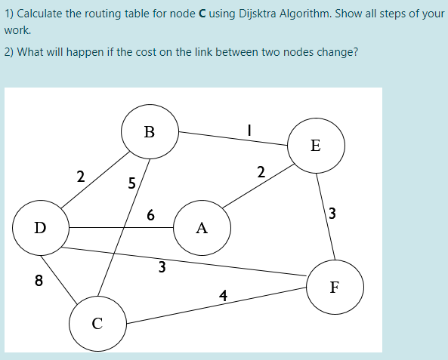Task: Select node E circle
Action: click(x=315, y=145)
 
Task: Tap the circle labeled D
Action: click(x=40, y=227)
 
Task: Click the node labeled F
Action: click(x=335, y=287)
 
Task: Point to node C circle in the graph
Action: click(x=97, y=324)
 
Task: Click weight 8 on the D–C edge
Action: click(x=39, y=282)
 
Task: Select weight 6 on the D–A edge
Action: click(x=150, y=215)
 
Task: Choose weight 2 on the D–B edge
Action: click(x=80, y=177)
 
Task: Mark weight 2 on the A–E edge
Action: click(x=260, y=172)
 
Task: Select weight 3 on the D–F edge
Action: click(x=161, y=266)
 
